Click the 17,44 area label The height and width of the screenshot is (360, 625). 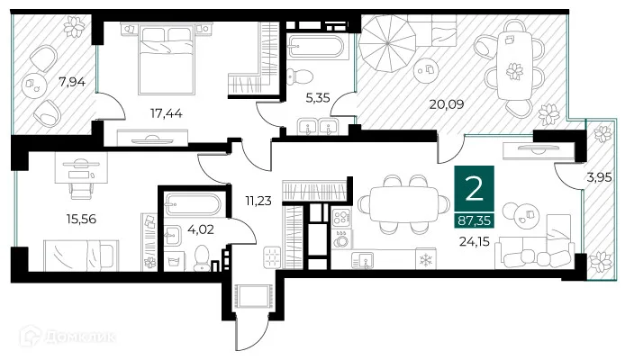167,113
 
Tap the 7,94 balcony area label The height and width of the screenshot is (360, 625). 72,82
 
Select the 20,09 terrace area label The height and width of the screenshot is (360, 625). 447,104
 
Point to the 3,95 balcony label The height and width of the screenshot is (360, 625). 599,176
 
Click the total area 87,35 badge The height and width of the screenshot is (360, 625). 475,220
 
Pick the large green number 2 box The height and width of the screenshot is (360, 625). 475,189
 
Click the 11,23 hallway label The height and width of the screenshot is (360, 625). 258,201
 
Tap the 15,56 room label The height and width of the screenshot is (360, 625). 81,219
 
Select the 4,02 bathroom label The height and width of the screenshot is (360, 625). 201,229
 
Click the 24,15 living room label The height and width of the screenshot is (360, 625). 474,241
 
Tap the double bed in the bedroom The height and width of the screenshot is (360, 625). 167,58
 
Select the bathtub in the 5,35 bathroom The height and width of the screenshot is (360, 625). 316,47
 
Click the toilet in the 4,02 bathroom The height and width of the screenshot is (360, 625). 202,258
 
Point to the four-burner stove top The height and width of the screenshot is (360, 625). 341,218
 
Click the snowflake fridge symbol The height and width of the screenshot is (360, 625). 426,259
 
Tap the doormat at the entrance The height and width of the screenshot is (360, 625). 253,296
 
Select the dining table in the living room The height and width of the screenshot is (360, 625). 403,204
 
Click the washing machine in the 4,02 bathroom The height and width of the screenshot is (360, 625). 174,262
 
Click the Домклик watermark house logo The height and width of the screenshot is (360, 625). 31,336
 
